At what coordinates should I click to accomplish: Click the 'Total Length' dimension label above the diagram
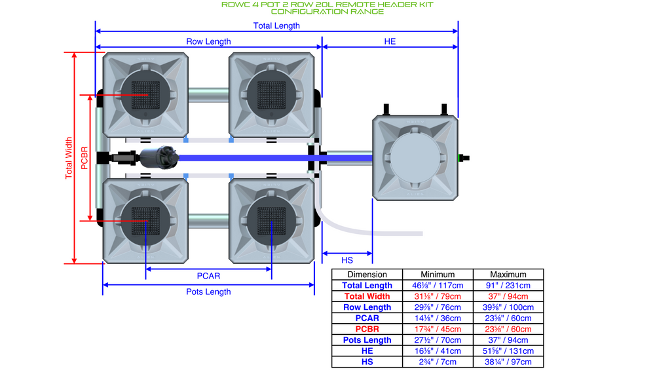[276, 26]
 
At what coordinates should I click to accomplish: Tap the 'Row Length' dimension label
[208, 41]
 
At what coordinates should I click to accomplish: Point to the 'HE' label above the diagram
[390, 41]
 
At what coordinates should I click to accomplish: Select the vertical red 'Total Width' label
[69, 157]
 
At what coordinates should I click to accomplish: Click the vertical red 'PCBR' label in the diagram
[84, 157]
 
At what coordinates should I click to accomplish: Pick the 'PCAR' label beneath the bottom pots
[208, 276]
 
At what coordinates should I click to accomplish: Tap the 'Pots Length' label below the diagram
[208, 292]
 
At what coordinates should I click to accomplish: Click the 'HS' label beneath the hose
[347, 260]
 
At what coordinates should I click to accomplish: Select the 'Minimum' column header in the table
[437, 275]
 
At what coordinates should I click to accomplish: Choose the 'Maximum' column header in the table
[508, 275]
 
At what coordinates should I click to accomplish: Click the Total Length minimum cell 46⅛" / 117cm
[437, 285]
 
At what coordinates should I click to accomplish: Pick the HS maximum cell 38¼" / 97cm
[508, 362]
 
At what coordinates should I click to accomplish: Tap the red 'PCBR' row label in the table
[367, 329]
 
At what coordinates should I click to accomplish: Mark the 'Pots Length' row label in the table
[367, 340]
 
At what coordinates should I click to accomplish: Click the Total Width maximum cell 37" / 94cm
[508, 296]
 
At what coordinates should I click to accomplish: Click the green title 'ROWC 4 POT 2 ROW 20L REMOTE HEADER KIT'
[327, 5]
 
